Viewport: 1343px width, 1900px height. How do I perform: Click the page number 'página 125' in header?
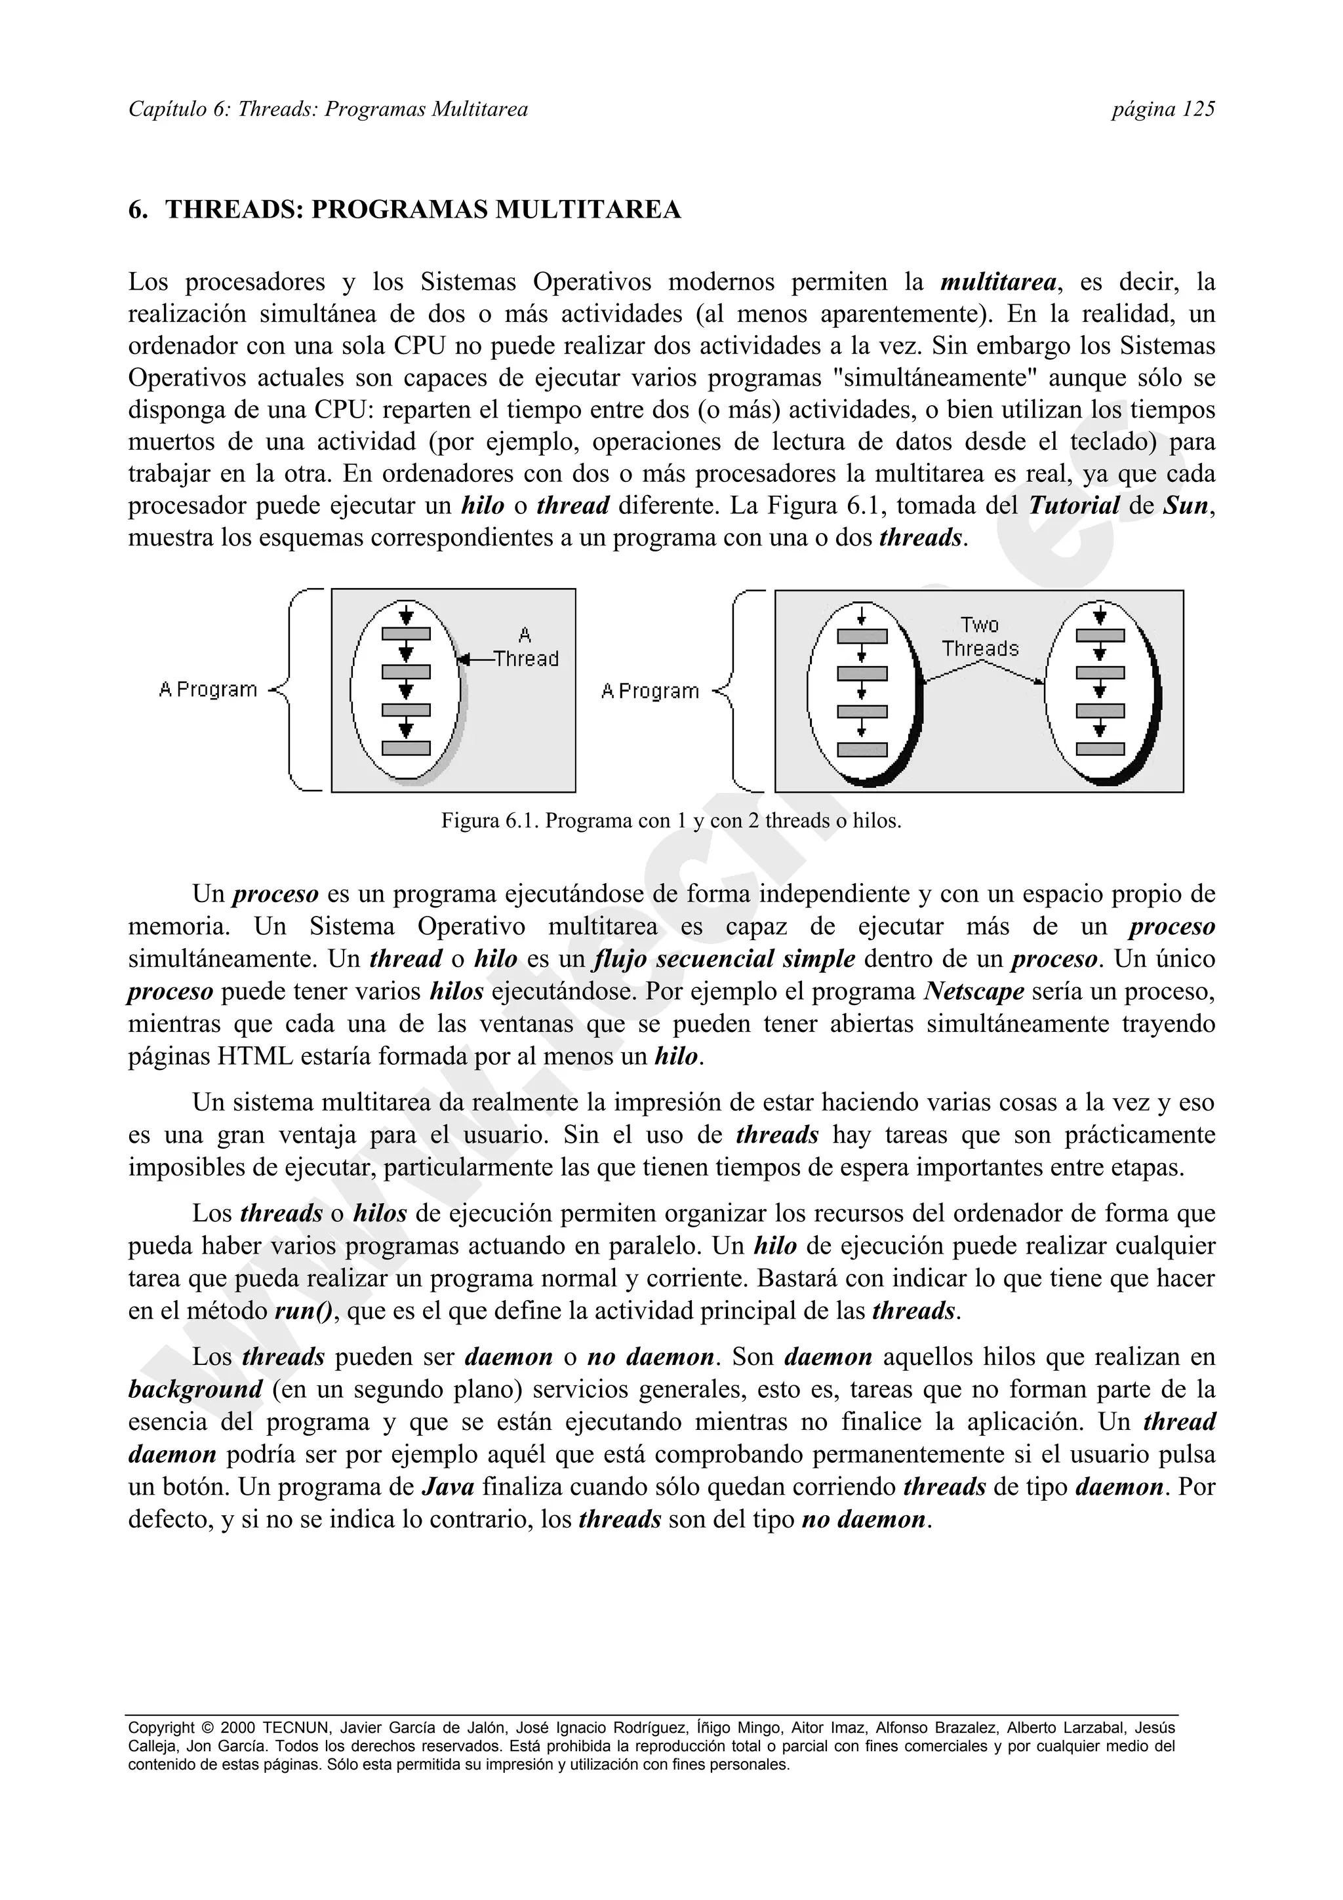coord(1163,109)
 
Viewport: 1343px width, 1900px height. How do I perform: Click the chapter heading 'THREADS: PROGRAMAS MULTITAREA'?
coord(423,210)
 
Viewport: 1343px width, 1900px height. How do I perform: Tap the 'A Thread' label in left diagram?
coord(525,647)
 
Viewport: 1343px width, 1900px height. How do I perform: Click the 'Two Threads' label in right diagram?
coord(980,637)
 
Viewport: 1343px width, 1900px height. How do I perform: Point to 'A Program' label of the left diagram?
coord(208,689)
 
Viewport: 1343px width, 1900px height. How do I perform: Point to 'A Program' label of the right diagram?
coord(650,691)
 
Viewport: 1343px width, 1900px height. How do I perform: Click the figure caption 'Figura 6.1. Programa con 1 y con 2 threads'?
coord(671,821)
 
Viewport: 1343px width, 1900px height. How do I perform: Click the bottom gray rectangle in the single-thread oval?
coord(405,748)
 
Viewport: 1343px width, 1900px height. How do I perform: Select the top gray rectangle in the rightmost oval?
coord(1100,635)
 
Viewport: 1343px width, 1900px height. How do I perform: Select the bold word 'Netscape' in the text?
coord(974,991)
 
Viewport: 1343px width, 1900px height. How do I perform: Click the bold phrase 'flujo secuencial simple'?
coord(724,959)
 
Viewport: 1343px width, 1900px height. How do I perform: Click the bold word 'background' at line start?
coord(195,1389)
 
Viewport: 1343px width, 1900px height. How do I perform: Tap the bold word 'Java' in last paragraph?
coord(448,1487)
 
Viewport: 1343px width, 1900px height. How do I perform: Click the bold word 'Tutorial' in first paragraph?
coord(1074,505)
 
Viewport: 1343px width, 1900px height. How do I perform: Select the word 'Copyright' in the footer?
coord(162,1728)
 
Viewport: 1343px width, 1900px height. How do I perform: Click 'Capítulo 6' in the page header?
coord(176,109)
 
